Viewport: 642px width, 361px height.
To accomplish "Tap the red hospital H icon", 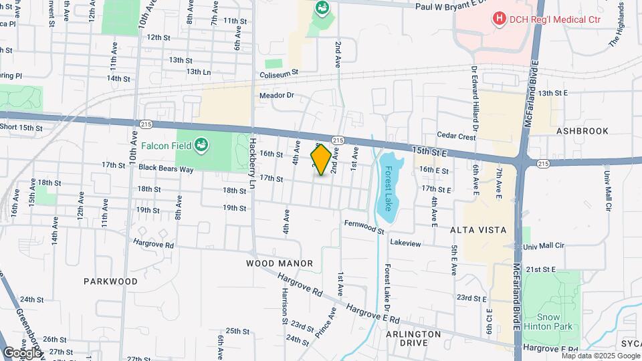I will coord(498,19).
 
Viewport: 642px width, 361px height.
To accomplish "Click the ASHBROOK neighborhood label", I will coord(582,132).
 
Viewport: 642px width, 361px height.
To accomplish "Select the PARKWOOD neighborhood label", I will coord(110,281).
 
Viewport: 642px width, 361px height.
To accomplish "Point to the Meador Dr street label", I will coord(277,96).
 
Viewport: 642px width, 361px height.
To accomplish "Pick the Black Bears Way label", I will coord(167,169).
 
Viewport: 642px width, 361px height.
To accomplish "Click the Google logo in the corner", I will coord(22,352).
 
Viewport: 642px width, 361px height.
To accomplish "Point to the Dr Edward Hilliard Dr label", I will coord(475,98).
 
